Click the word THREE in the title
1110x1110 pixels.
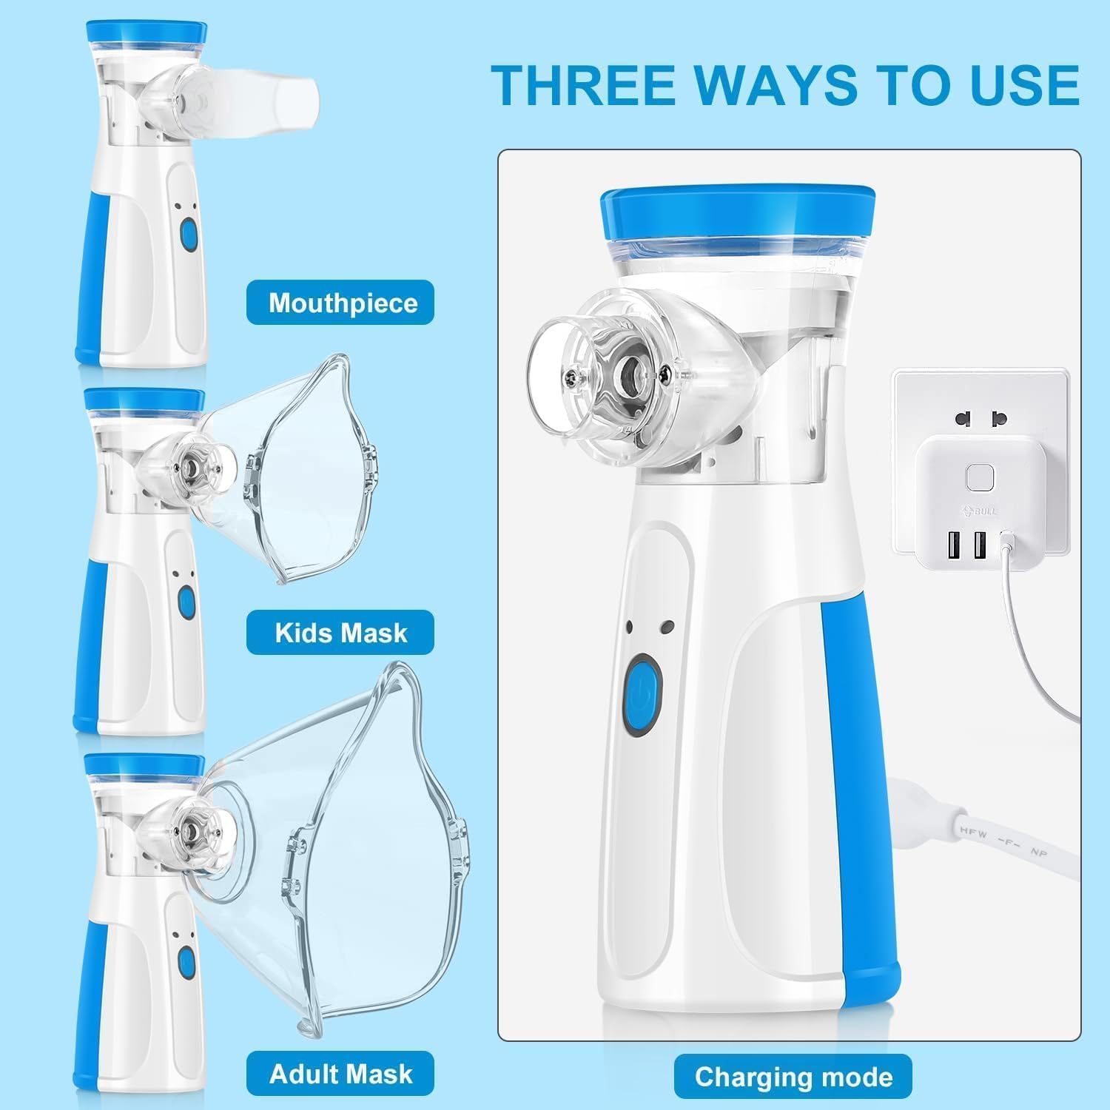coord(585,85)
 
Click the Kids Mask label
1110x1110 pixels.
coord(340,633)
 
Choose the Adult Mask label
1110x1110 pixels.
coord(340,1074)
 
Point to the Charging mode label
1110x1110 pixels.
coord(793,1077)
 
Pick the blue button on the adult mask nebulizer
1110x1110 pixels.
coord(186,961)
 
